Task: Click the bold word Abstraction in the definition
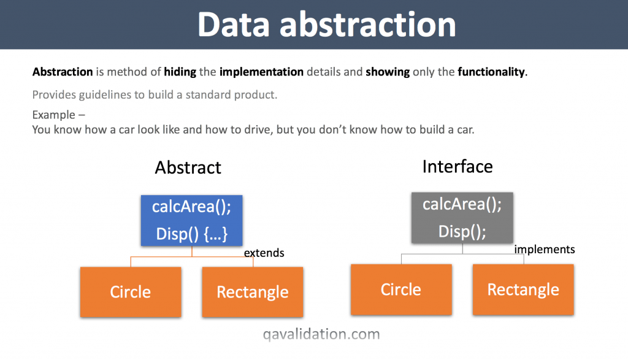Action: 63,72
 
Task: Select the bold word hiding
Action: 180,72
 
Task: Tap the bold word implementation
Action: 261,72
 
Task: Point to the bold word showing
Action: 388,72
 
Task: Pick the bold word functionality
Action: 491,72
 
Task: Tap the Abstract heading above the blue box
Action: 188,167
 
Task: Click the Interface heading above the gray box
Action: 458,166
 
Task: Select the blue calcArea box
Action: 192,220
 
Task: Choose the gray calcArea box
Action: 462,217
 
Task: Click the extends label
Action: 264,253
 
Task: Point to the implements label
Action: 545,249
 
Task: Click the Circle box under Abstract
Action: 131,292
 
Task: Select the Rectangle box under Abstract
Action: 253,292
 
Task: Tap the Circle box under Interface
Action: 401,289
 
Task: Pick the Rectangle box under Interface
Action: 523,289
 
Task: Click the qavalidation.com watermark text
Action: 321,334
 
